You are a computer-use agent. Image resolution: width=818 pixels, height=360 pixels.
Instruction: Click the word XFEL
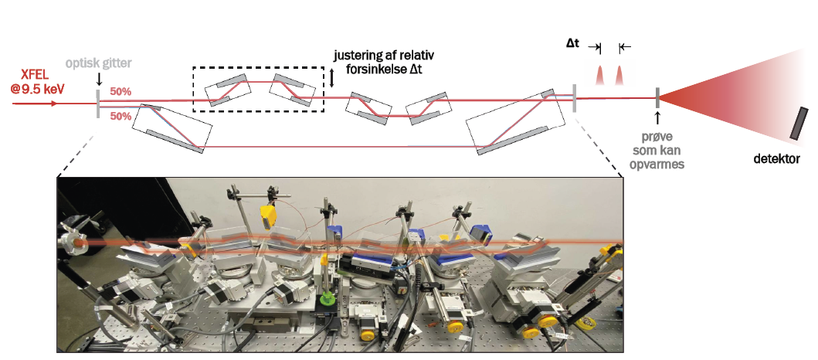(36, 77)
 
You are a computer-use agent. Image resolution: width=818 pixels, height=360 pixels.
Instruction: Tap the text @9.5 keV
(36, 89)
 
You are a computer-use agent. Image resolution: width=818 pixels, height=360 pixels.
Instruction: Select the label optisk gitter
(99, 63)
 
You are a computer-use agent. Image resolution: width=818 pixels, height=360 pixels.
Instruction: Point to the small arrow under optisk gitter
(98, 80)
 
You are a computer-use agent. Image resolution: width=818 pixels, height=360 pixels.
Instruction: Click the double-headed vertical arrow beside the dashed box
(332, 78)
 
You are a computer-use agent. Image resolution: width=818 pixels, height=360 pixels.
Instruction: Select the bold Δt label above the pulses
(573, 44)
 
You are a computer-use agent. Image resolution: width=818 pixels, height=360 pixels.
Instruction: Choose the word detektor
(777, 158)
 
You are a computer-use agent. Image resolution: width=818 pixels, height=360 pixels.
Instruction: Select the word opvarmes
(658, 164)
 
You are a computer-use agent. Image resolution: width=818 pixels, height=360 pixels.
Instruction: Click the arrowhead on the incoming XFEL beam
(54, 104)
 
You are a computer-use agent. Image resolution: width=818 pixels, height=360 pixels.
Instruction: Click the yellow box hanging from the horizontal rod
(268, 216)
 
